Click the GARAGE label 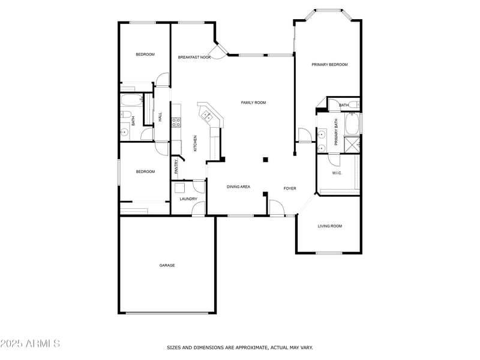click(x=167, y=265)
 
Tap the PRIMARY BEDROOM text click(x=329, y=65)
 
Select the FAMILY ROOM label click(x=253, y=103)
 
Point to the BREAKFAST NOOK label click(x=194, y=57)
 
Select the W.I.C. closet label click(x=337, y=173)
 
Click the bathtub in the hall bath click(x=131, y=100)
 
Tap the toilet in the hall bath click(x=126, y=115)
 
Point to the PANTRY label click(x=176, y=166)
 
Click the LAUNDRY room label click(x=188, y=199)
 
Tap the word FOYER click(x=290, y=188)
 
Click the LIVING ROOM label click(x=329, y=226)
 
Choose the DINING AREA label click(x=238, y=187)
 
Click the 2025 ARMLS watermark click(x=30, y=344)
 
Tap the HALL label click(x=160, y=117)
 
